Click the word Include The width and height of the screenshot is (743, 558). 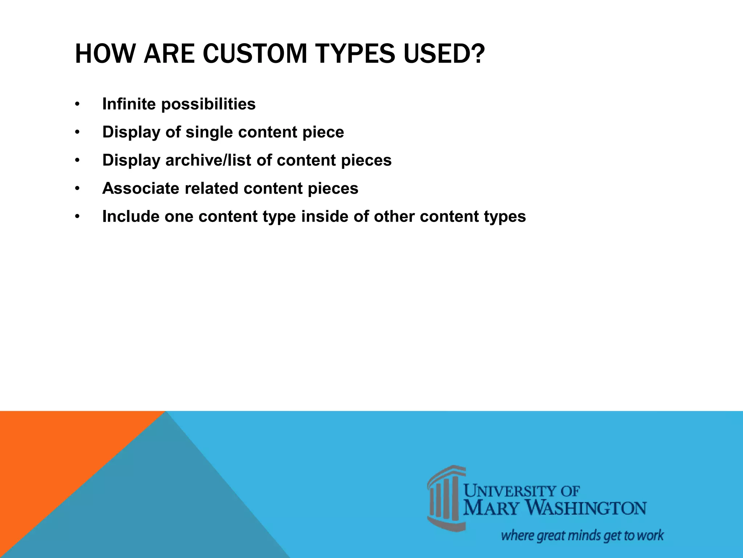pos(131,217)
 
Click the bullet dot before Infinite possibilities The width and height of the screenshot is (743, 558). pos(77,104)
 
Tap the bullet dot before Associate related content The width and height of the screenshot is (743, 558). pos(77,189)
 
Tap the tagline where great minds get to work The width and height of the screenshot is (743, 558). pos(582,535)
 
